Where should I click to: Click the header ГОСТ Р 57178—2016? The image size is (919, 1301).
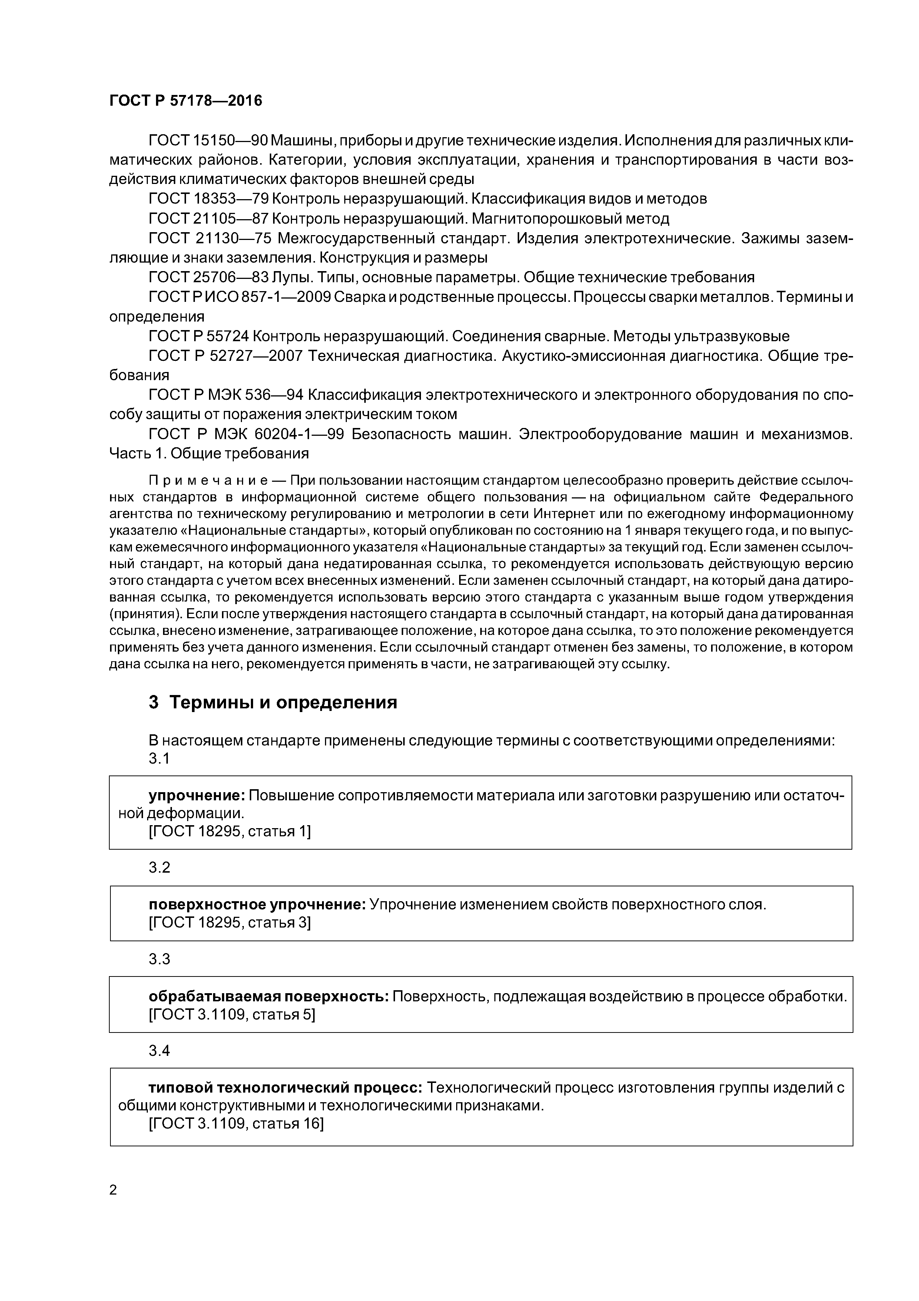pos(186,101)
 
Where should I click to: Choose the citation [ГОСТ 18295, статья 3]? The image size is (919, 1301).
pos(229,923)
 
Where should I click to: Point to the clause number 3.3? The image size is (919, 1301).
pos(159,959)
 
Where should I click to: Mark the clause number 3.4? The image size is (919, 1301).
pos(159,1051)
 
